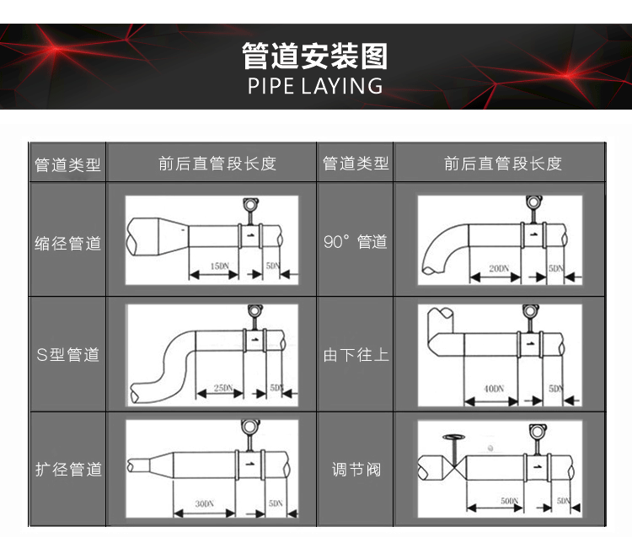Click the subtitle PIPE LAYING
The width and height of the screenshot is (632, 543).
coord(315,86)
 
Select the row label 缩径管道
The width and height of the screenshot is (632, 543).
coord(67,244)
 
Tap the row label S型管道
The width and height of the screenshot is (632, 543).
coord(67,355)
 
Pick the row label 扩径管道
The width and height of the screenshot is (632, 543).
coord(67,469)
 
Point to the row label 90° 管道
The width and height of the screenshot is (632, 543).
coord(355,243)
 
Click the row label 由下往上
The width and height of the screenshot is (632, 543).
coord(355,355)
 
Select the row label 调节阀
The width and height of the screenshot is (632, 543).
coord(355,469)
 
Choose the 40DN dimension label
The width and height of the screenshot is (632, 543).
coord(494,389)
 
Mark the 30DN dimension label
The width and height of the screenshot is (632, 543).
coord(203,503)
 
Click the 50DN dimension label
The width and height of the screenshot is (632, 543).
coord(508,501)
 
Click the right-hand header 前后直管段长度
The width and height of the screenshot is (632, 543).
coord(502,164)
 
